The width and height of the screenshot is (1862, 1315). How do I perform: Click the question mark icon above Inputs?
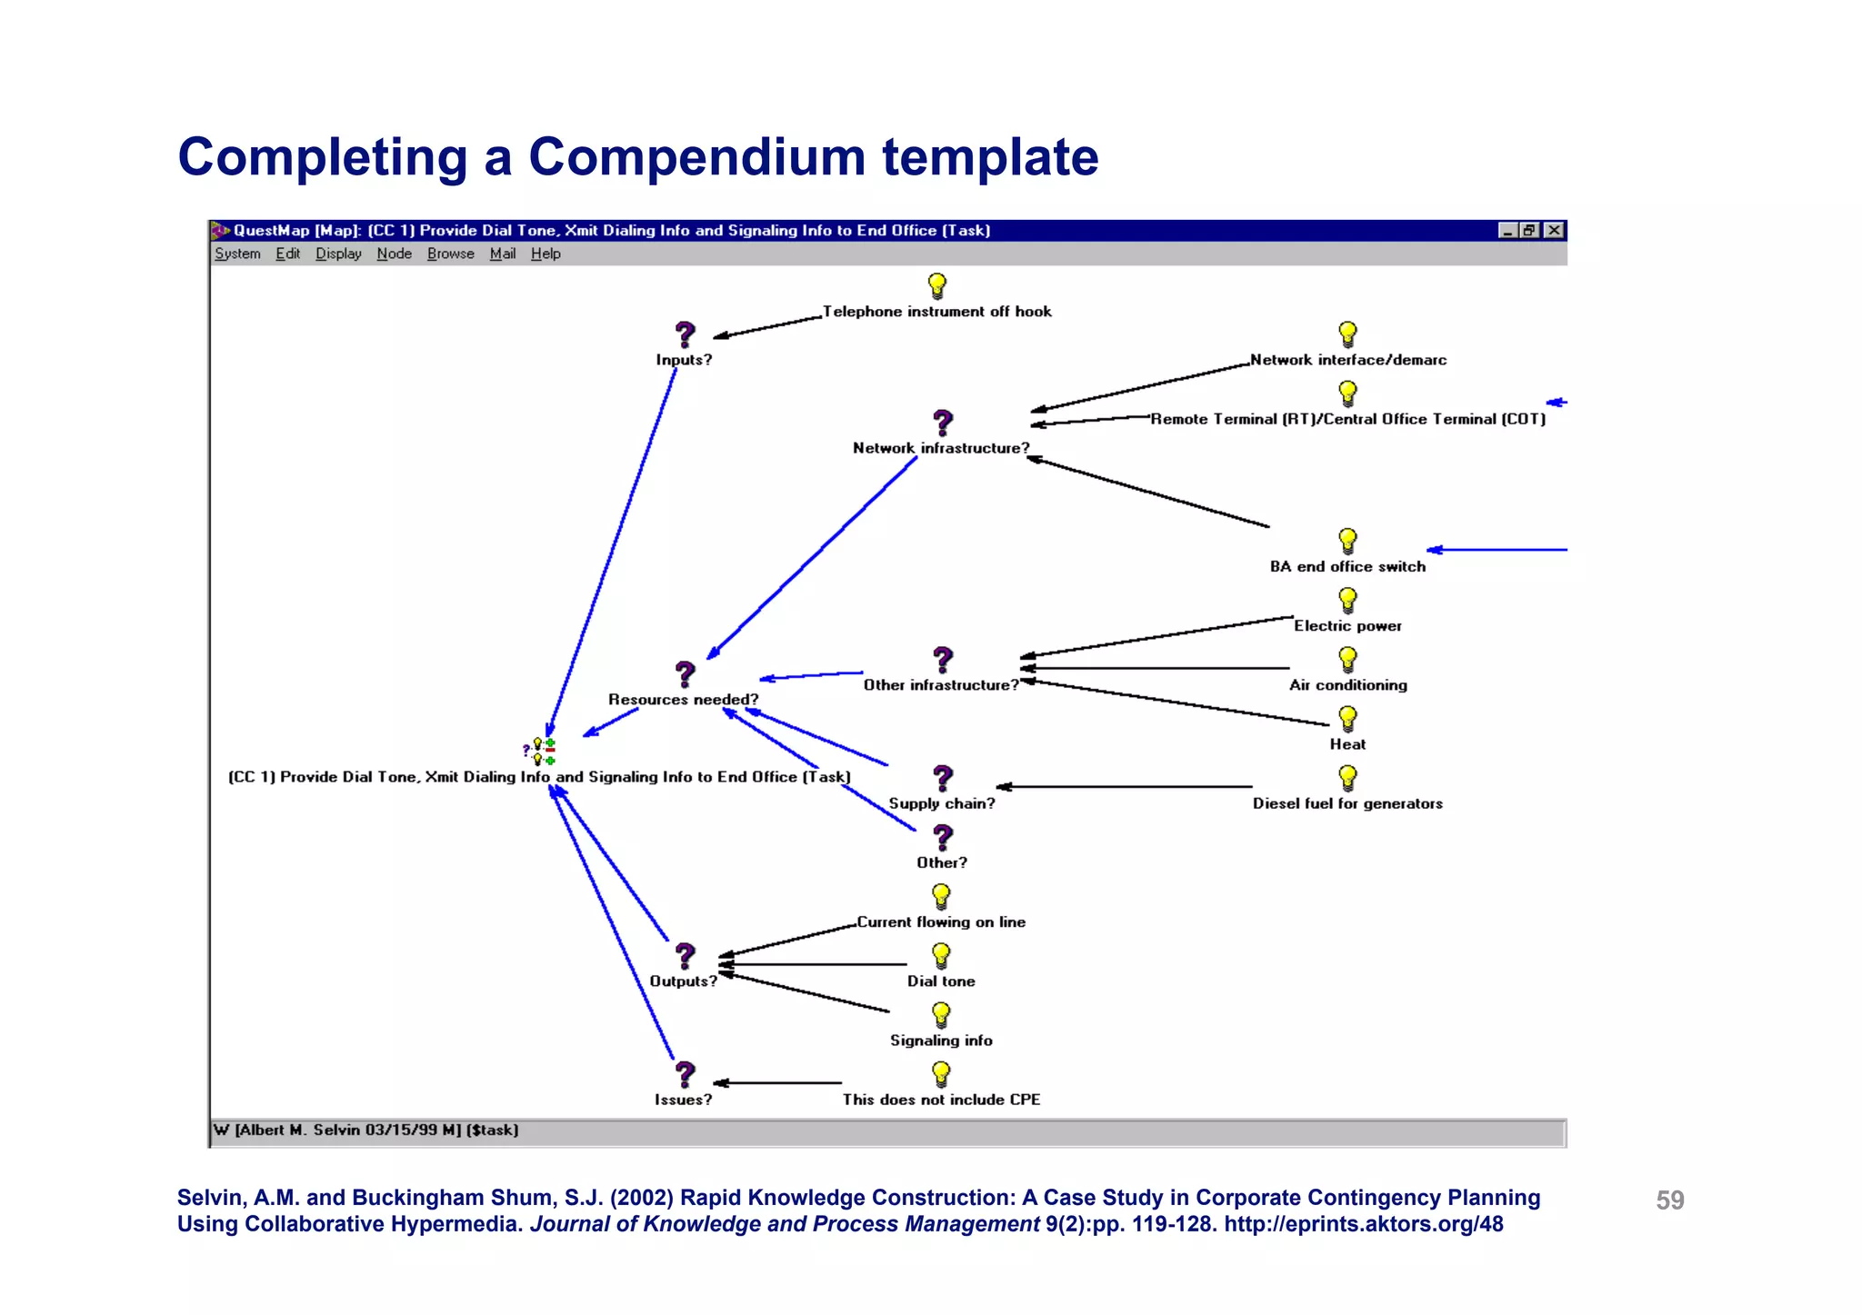pos(686,335)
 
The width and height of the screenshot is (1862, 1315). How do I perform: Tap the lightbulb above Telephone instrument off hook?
pos(937,286)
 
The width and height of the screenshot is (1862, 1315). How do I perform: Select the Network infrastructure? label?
pos(941,448)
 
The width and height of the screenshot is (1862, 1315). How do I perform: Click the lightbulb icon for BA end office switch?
pos(1348,542)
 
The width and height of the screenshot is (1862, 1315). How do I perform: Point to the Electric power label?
pos(1347,626)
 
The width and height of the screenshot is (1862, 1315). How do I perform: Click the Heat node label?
pos(1347,744)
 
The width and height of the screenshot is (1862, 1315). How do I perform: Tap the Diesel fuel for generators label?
pos(1347,803)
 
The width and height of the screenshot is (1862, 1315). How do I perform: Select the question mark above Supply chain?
pos(943,779)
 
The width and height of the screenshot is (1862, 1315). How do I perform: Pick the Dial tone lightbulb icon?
pos(941,956)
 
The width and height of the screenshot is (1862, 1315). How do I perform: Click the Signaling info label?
pos(941,1041)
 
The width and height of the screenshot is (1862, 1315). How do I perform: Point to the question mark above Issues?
pos(686,1075)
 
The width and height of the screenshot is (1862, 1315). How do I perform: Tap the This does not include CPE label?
pos(941,1100)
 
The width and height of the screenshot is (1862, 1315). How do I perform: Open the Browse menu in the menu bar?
pos(450,254)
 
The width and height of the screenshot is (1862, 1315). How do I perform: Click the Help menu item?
pos(546,254)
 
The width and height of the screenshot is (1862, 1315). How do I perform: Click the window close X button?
pos(1555,230)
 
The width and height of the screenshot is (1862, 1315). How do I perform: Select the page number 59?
pos(1669,1200)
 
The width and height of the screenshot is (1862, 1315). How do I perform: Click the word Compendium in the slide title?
pos(696,157)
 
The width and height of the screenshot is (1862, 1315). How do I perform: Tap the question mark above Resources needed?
pos(686,674)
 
